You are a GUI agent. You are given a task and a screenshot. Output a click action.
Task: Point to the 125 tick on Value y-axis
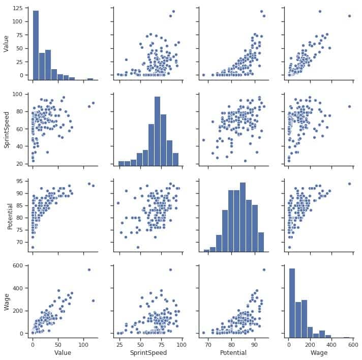pyautogui.click(x=18, y=9)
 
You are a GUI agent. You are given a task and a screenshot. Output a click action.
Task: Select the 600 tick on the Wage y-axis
pyautogui.click(x=18, y=265)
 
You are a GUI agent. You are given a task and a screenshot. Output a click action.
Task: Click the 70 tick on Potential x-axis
pyautogui.click(x=207, y=343)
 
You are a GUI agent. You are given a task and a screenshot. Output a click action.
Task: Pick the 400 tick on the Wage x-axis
pyautogui.click(x=327, y=343)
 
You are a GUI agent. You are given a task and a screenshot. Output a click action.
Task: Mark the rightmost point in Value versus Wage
pyautogui.click(x=349, y=16)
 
